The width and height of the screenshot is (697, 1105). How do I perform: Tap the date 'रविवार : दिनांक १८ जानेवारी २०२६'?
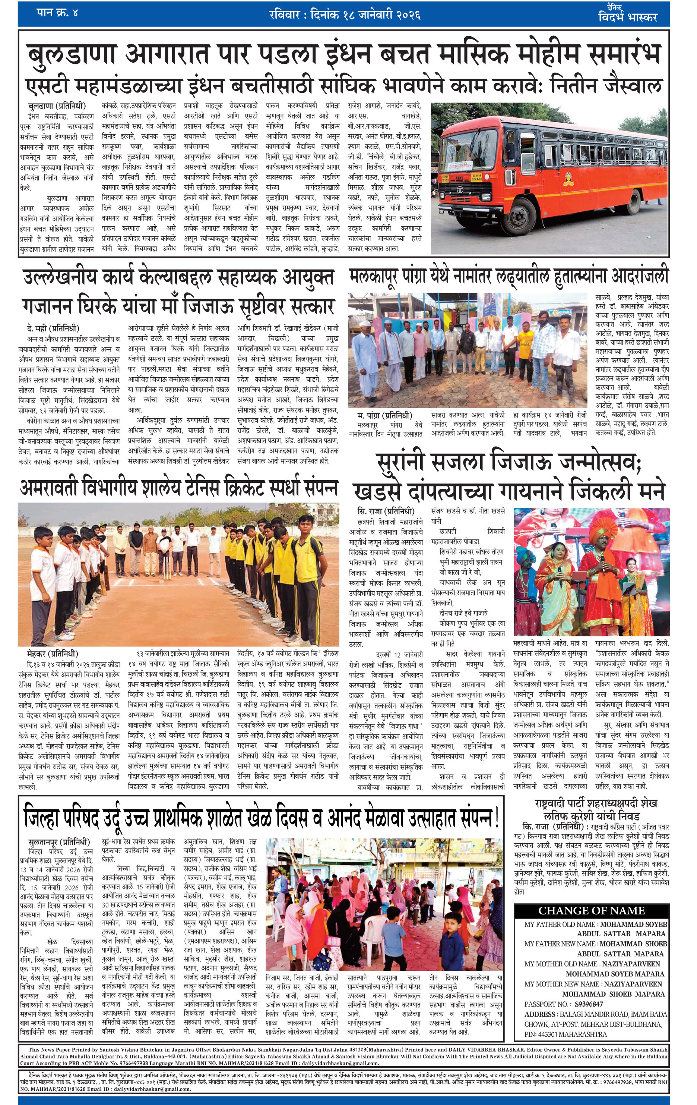coord(345,15)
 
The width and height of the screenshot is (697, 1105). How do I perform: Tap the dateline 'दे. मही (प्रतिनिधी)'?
coord(53,328)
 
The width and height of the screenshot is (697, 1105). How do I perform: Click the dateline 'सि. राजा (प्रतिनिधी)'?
coord(386,511)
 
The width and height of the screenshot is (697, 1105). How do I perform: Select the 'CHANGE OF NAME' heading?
coord(591,910)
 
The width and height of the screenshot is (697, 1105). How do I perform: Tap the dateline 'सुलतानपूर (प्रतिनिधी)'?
coord(59,843)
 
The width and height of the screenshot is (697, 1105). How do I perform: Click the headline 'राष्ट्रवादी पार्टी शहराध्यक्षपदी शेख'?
coord(595,803)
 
